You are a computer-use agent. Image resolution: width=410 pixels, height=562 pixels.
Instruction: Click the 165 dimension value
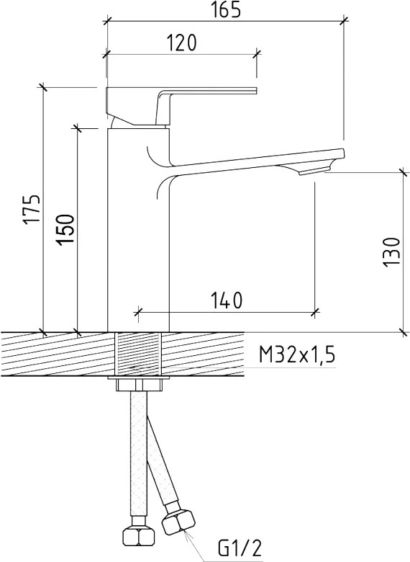coord(225,9)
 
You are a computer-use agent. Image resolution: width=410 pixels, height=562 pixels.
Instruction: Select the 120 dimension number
coord(181,43)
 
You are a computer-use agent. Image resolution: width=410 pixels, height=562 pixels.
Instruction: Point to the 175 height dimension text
coord(32,210)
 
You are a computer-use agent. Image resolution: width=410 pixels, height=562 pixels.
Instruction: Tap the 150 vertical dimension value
coord(65,230)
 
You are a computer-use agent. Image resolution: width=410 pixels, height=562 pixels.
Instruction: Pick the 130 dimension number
coord(391,252)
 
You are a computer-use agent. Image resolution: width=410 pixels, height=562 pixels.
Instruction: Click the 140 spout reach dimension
coord(226,300)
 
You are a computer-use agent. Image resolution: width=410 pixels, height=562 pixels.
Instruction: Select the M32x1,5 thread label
coord(297,355)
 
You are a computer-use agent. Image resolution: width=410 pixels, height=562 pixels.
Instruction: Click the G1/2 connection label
coord(240,548)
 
